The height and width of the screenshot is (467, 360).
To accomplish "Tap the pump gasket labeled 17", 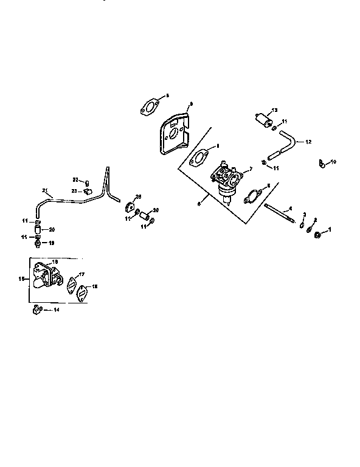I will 72,283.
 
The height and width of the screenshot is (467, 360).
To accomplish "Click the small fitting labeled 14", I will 37,310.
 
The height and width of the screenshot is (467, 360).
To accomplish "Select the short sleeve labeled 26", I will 145,215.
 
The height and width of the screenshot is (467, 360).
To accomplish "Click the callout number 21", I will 44,191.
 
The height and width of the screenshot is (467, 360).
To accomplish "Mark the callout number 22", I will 75,179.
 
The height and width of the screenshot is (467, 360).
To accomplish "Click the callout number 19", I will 51,242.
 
